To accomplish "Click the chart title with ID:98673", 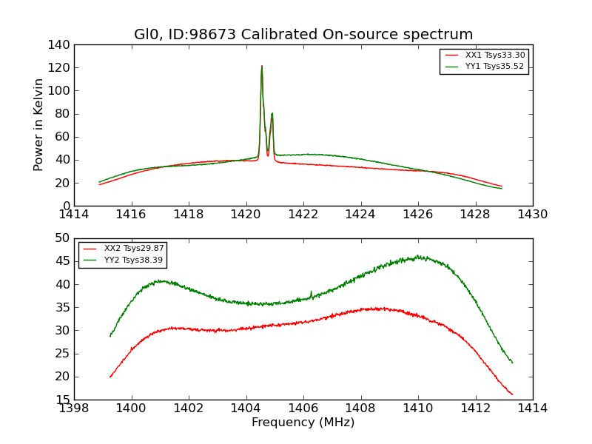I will [x=303, y=35].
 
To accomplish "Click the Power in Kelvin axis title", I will [x=39, y=125].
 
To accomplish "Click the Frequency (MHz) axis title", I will [x=303, y=423].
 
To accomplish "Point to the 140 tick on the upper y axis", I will [x=61, y=45].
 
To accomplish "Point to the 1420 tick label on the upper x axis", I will [x=246, y=215].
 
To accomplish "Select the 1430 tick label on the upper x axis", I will [x=532, y=215].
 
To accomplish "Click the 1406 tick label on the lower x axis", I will [x=303, y=408].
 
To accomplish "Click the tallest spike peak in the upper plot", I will [x=262, y=66].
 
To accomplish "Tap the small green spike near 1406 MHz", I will [x=311, y=292].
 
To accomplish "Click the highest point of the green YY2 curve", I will [x=418, y=256].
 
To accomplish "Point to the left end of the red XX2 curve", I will [x=110, y=377].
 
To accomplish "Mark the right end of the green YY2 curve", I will [x=512, y=363].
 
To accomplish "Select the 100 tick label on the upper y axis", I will [x=61, y=91].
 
